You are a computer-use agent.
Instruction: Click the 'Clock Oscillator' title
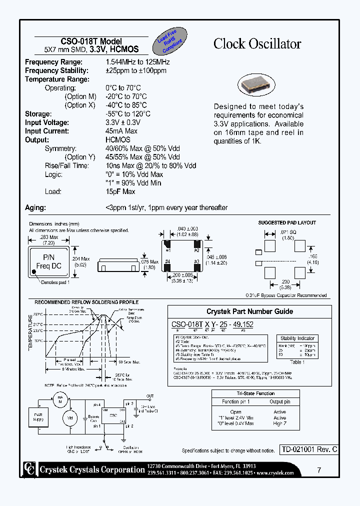point(257,44)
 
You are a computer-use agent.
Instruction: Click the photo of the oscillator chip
point(255,84)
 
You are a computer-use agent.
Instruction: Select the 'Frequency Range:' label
point(53,62)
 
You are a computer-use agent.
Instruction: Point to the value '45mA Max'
point(121,131)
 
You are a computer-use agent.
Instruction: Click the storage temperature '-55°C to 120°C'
point(128,114)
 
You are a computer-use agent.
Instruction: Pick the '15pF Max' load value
point(120,191)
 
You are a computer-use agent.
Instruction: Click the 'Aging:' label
point(35,207)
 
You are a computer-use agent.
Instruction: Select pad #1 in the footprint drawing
point(168,246)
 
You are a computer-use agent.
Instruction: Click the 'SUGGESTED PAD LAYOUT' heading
point(286,222)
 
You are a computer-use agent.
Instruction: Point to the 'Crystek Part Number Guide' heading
point(249,311)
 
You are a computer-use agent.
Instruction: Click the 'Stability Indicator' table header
point(297,338)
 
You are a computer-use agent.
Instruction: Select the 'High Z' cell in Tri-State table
point(279,423)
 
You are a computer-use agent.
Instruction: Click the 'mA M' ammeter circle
point(60,398)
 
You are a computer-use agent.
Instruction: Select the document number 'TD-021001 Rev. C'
point(308,449)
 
